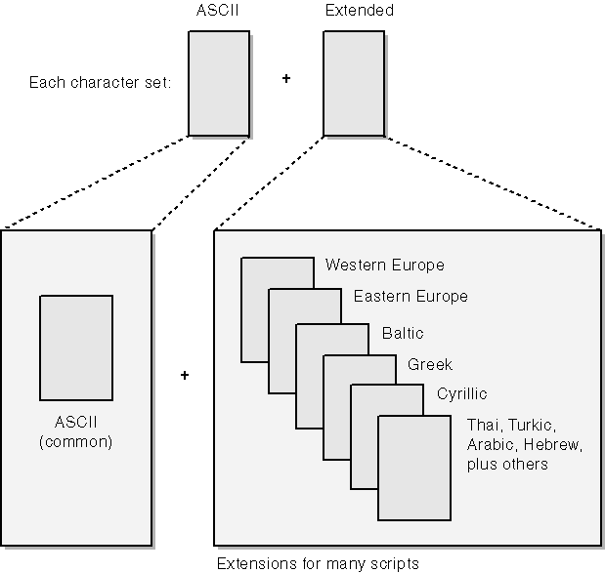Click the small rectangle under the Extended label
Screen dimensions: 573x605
click(x=353, y=83)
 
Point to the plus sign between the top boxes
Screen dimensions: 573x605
click(x=286, y=77)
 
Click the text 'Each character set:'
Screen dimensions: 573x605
click(x=100, y=83)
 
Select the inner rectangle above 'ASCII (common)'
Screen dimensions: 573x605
click(x=77, y=347)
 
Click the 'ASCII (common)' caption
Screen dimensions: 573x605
click(x=77, y=432)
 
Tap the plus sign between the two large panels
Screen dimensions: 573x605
click(x=184, y=375)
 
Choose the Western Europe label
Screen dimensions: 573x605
click(x=385, y=266)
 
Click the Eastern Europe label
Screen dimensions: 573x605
click(x=411, y=297)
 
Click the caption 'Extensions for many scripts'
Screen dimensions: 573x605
click(x=318, y=563)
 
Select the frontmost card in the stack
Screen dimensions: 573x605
click(x=415, y=469)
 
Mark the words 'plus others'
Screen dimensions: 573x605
click(x=508, y=466)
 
